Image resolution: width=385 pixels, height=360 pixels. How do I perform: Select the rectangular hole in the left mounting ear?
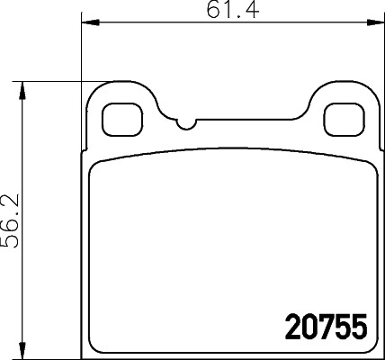click(119, 116)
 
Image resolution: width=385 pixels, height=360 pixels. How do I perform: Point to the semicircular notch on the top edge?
click(186, 123)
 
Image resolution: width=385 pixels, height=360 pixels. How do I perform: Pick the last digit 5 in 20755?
click(358, 325)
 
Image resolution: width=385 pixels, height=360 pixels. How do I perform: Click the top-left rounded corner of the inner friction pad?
click(100, 172)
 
